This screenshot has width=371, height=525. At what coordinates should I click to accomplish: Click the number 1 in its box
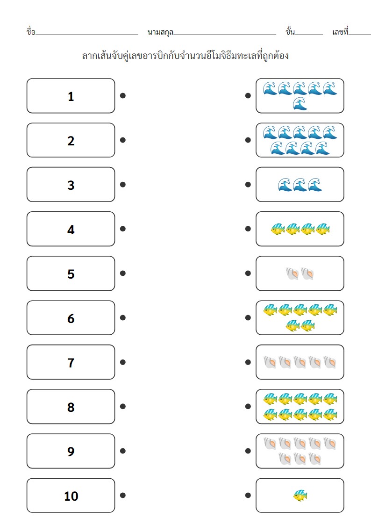71,96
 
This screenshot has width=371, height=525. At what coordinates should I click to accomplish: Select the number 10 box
71,496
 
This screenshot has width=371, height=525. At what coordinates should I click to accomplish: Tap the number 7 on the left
71,362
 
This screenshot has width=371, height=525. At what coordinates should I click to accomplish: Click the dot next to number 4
122,229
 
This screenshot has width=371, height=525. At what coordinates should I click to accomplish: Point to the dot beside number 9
122,451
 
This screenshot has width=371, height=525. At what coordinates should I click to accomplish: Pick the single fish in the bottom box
300,496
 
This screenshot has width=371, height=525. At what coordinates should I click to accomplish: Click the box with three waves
300,185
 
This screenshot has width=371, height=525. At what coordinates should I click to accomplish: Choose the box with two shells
300,273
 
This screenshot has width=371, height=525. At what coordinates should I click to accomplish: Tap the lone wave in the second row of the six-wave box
300,104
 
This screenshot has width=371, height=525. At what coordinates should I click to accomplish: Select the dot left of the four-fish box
248,229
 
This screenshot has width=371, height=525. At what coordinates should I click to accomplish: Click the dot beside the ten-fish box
248,406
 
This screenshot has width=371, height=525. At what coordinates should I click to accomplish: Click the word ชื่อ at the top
31,32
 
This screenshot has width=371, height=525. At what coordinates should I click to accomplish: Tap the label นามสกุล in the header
160,32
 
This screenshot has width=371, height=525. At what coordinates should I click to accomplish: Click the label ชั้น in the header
290,32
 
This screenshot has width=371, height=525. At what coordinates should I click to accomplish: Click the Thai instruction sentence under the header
185,56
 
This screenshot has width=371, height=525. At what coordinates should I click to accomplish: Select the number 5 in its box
71,273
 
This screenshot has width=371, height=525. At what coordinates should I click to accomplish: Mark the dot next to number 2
122,140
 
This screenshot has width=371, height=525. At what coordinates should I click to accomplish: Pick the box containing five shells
300,362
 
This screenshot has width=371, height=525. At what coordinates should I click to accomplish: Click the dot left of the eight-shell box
248,451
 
